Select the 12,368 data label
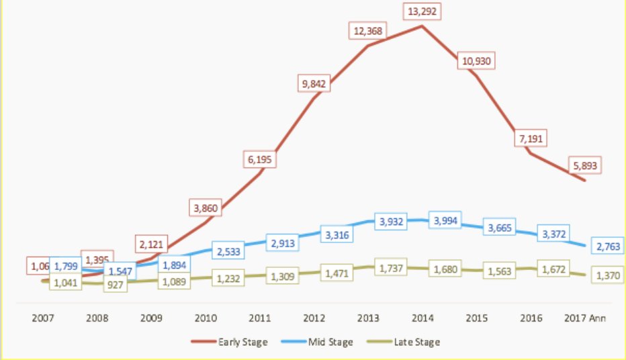368,31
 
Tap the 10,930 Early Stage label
477,60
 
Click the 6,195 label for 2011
261,159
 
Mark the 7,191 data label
529,138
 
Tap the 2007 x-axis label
44,319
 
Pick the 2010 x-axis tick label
206,319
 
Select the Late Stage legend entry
405,342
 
